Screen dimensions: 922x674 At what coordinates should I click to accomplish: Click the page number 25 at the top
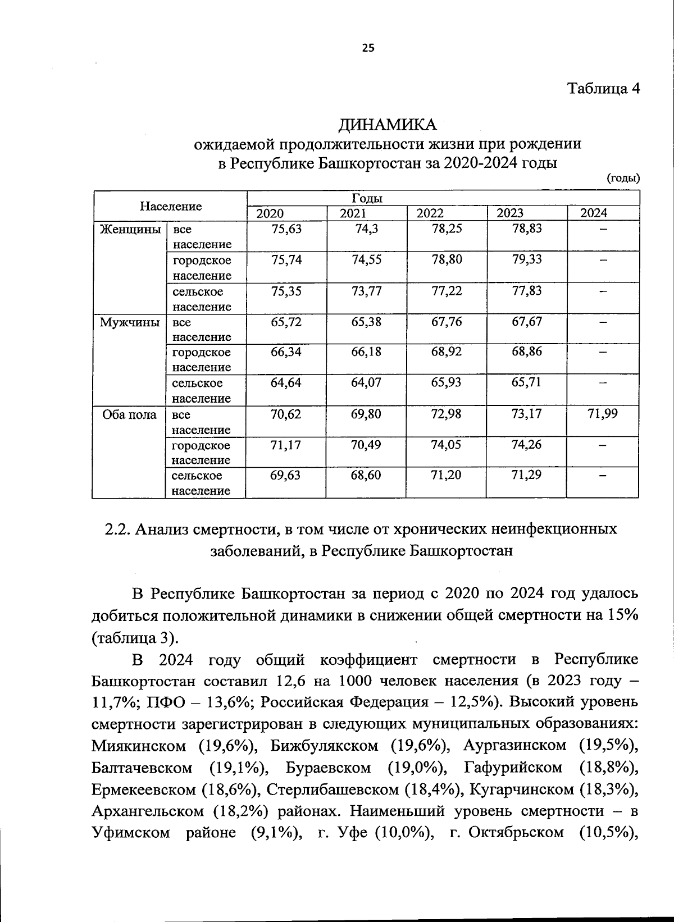point(368,48)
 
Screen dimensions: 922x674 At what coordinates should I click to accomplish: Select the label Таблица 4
point(603,89)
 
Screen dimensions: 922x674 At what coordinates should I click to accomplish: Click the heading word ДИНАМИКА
point(388,124)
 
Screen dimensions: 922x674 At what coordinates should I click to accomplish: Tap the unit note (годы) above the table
point(623,179)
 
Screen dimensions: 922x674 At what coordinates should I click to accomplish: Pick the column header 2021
point(353,213)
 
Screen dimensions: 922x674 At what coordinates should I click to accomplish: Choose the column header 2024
point(594,213)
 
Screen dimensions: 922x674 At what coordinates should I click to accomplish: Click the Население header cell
point(171,206)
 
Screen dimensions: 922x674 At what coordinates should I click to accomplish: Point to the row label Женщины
point(130,229)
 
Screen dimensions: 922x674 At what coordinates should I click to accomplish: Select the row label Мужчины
point(130,322)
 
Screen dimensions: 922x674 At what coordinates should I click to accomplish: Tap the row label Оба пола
point(129,415)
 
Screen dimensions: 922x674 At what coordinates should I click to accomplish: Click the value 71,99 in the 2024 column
point(602,414)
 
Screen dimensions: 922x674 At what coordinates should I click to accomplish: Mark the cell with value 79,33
point(527,259)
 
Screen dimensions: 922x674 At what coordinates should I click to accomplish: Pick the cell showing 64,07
point(366,382)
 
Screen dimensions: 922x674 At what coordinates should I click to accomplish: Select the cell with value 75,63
point(286,229)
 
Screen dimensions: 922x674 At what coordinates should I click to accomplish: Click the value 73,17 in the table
point(527,414)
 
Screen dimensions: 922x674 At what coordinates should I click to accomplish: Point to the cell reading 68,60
point(366,475)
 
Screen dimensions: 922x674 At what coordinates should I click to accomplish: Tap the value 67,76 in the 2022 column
point(447,322)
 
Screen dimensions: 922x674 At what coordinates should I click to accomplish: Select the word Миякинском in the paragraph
point(139,746)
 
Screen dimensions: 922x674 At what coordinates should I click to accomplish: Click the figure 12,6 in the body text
point(292,681)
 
